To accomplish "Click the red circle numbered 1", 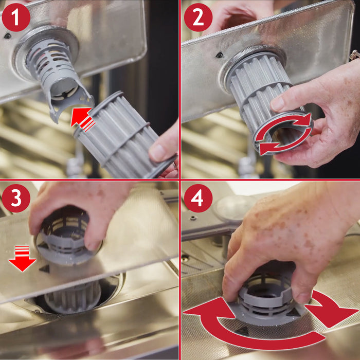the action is [16, 17].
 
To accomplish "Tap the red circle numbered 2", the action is [198, 17].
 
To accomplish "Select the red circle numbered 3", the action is [16, 198].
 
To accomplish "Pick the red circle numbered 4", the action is [198, 198].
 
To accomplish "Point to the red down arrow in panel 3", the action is [22, 259].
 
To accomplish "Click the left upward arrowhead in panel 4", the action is [208, 309].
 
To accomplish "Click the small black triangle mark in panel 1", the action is [7, 35].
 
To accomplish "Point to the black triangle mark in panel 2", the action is [220, 55].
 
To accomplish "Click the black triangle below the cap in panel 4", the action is [242, 331].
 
